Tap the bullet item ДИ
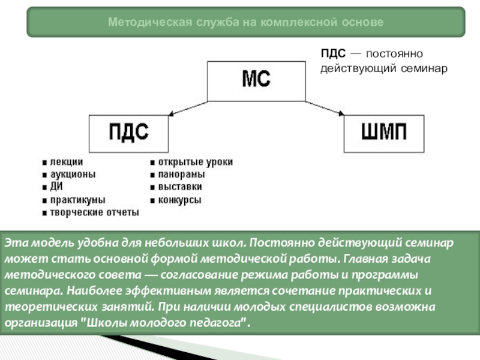click(x=56, y=187)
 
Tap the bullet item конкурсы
click(x=179, y=200)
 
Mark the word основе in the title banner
click(x=364, y=22)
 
